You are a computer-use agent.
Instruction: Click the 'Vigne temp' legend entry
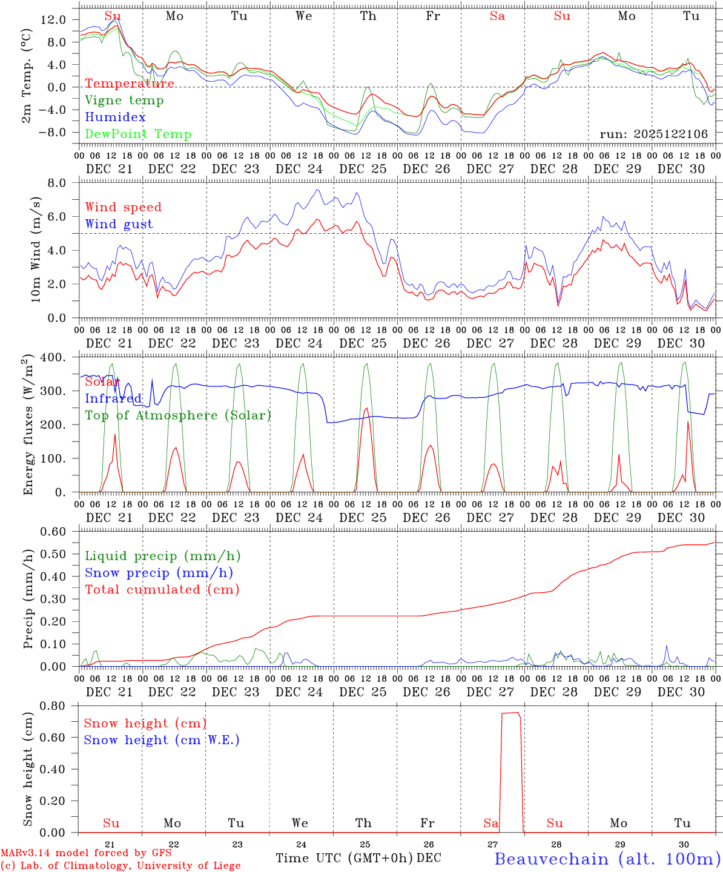pyautogui.click(x=124, y=101)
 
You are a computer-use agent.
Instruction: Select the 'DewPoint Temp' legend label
pyautogui.click(x=138, y=134)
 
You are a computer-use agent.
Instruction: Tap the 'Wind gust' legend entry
pyautogui.click(x=119, y=224)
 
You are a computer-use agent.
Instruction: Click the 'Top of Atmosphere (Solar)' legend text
pyautogui.click(x=177, y=415)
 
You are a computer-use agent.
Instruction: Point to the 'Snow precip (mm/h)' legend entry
pyautogui.click(x=159, y=573)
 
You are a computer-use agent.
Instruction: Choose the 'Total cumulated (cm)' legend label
pyautogui.click(x=162, y=590)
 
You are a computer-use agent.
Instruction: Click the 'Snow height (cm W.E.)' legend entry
pyautogui.click(x=161, y=740)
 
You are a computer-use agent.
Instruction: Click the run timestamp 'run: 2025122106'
pyautogui.click(x=653, y=134)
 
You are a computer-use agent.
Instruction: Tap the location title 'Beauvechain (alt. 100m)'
pyautogui.click(x=607, y=859)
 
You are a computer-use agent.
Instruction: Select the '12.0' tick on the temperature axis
pyautogui.click(x=53, y=19)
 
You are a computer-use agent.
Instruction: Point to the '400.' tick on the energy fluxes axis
pyautogui.click(x=59, y=357)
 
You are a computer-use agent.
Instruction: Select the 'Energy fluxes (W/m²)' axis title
pyautogui.click(x=28, y=425)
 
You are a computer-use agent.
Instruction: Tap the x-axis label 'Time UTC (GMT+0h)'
pyautogui.click(x=344, y=858)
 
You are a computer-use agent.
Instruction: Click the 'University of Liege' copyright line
pyautogui.click(x=120, y=866)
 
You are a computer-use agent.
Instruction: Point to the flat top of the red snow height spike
pyautogui.click(x=510, y=713)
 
